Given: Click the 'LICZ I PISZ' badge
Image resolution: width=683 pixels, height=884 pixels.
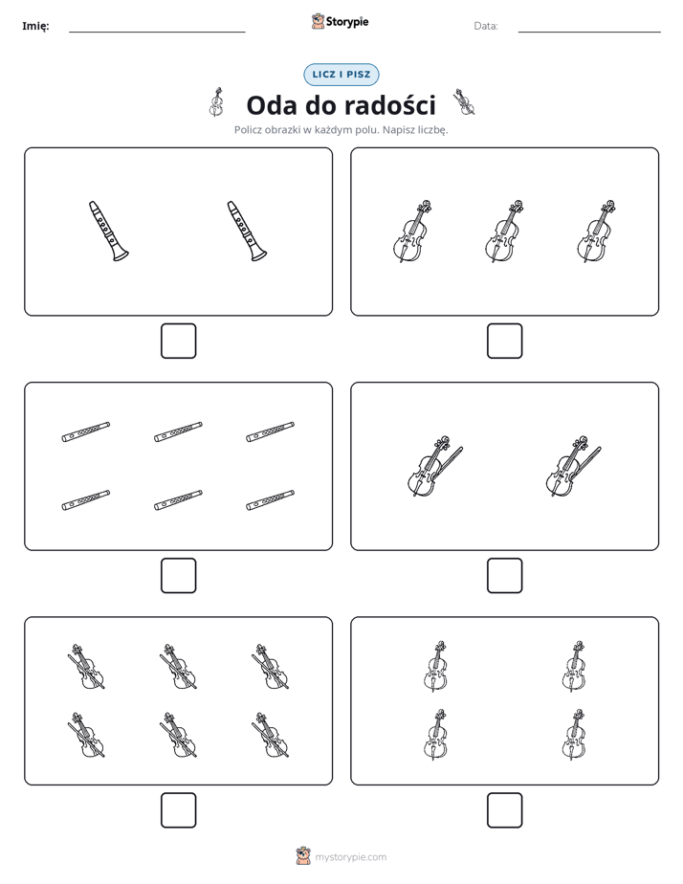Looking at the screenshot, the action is [x=341, y=75].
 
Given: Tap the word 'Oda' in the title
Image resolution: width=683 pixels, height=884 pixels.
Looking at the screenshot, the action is [x=273, y=105].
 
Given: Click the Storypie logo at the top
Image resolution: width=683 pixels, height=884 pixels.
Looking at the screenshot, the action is [x=340, y=21].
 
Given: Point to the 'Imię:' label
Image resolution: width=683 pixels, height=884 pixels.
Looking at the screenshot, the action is [x=35, y=26].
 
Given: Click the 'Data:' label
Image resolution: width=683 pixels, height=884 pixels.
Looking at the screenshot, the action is [x=486, y=26].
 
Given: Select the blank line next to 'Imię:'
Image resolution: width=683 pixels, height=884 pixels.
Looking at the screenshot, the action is [x=157, y=33].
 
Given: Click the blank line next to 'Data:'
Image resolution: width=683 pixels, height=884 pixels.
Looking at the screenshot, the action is [x=589, y=33].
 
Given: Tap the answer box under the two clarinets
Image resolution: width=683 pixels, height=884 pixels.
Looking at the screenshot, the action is [x=179, y=342].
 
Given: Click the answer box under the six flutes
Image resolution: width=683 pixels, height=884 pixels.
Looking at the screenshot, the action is [x=179, y=576].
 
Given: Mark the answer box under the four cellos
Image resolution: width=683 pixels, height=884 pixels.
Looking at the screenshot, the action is [x=505, y=810].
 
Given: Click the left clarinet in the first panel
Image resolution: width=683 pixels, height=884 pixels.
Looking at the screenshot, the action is [x=108, y=232].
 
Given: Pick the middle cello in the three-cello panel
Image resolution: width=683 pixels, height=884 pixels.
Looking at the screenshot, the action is [x=504, y=232].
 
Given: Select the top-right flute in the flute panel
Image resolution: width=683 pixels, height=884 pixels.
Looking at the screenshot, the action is [x=270, y=431].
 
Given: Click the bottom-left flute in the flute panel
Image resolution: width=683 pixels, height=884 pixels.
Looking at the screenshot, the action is [x=86, y=500].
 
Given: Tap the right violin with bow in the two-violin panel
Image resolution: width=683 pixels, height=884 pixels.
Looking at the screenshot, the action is [x=573, y=466].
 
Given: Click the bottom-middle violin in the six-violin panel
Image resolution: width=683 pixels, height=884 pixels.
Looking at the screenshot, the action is [x=178, y=735].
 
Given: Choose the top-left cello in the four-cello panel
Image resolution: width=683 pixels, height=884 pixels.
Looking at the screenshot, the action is [x=435, y=667].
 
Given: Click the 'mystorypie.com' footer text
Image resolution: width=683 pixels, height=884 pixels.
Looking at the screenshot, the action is [x=350, y=857].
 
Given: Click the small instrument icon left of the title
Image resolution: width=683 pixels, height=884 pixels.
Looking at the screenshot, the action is [x=216, y=102].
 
